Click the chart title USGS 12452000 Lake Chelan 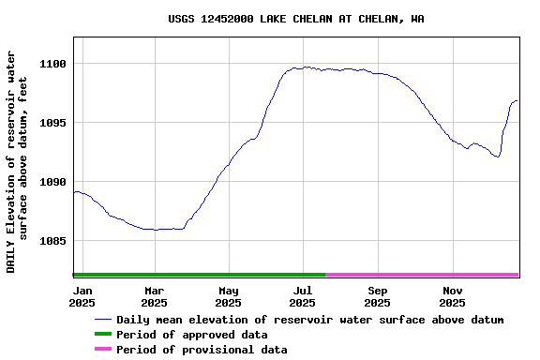coord(295,19)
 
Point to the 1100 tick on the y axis coord(52,64)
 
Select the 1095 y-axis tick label coord(52,123)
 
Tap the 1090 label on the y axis coord(52,182)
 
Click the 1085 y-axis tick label coord(52,241)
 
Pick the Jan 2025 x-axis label coord(82,296)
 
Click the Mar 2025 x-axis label coord(154,296)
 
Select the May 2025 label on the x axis coord(228,296)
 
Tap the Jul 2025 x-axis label coord(302,296)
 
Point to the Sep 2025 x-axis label coord(377,296)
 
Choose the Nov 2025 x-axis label coord(452,296)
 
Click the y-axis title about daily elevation coord(17,161)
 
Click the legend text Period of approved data coord(191,335)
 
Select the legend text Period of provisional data coord(202,350)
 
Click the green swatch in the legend coord(102,335)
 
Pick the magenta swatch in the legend coord(102,350)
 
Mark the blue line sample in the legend coord(102,320)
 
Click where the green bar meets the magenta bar coord(325,275)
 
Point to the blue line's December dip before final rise coord(498,157)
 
